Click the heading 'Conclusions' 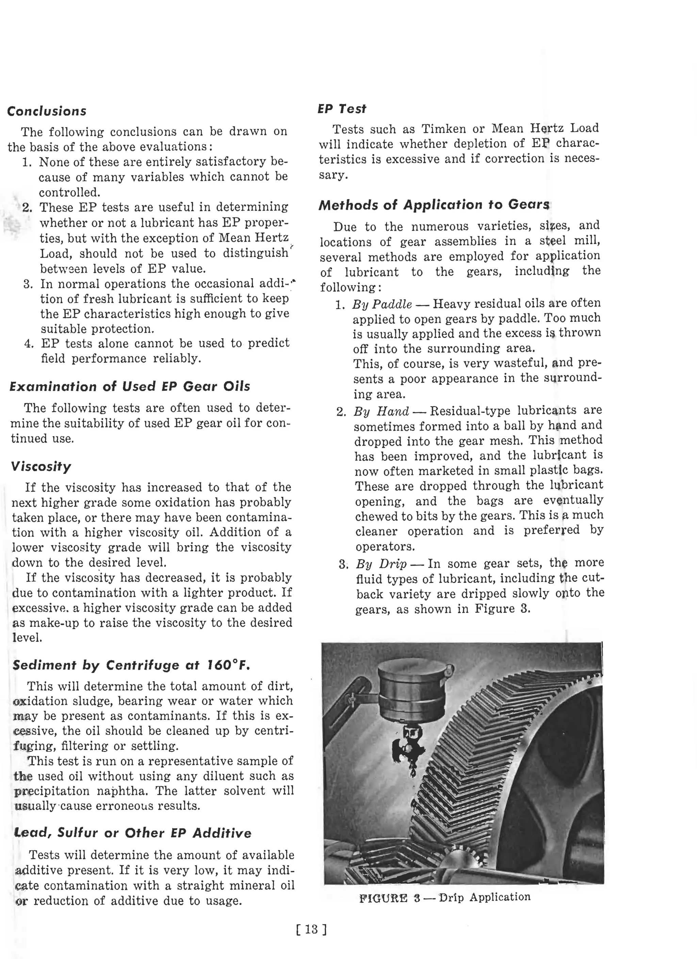coord(47,111)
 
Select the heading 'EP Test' coord(342,109)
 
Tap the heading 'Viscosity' coord(41,466)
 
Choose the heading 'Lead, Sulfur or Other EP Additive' coord(133,833)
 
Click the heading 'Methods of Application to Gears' coord(434,205)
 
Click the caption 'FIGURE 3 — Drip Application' coord(444,897)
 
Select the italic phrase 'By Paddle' coord(382,304)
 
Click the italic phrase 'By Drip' coord(381,564)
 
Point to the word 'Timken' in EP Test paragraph coord(441,129)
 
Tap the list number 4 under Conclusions coord(28,343)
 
